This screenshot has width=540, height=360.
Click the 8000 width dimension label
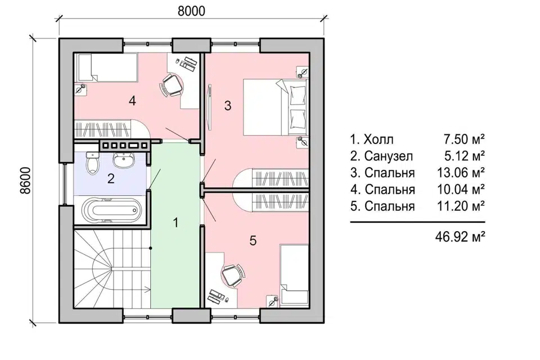(191, 11)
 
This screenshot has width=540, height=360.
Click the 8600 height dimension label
(25, 182)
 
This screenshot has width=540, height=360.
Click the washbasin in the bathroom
(124, 160)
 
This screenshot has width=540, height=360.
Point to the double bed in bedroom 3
(275, 107)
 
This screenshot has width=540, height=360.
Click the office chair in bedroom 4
(171, 85)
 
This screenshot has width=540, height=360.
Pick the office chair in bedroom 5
(232, 275)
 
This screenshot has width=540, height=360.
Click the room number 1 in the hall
(175, 223)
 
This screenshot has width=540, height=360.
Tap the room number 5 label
(253, 240)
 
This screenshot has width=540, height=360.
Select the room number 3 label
(228, 106)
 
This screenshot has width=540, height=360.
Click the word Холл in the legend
(379, 139)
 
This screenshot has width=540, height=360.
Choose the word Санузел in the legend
(389, 156)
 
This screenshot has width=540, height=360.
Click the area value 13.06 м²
(461, 172)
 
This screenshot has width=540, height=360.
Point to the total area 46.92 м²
(460, 237)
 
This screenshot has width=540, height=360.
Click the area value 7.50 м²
(465, 139)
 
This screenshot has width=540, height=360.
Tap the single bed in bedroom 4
(106, 67)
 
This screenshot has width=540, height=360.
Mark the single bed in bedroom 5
(294, 276)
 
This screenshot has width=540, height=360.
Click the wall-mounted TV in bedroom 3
(209, 107)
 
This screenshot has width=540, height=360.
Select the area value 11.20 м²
(461, 206)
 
